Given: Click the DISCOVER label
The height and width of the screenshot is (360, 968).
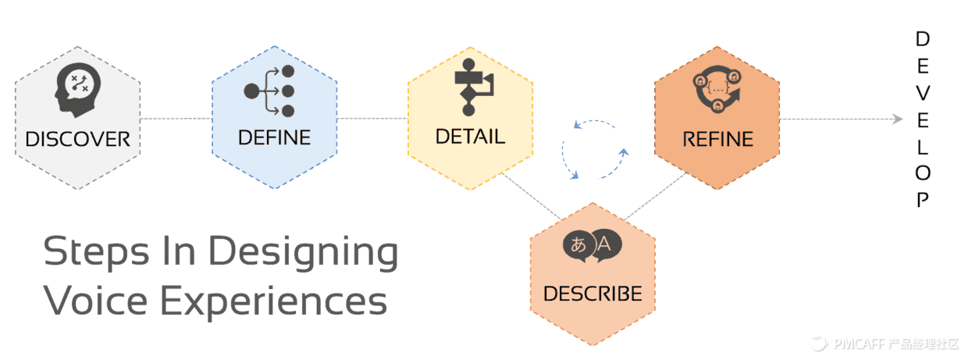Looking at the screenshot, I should coord(77,140).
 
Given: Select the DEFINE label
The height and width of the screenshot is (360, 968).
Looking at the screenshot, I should coord(274,137).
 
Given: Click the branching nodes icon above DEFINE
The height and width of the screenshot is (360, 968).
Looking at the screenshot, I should coord(269,91).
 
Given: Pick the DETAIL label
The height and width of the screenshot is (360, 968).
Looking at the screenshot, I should coord(470,136).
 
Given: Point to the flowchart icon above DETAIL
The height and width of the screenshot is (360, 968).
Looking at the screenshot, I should coord(472,87).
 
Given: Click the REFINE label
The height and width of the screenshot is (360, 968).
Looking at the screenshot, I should coord(717,140).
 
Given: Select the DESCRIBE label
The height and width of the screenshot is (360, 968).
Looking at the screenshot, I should coord(593,294).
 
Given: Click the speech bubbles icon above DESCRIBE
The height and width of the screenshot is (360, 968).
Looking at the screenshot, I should coord(593,245).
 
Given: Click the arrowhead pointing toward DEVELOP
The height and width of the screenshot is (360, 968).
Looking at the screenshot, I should coord(898,119).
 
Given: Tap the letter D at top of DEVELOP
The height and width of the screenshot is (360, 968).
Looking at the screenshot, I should coord(923,39).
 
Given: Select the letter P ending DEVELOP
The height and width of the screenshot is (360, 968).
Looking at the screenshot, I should coord(923,200).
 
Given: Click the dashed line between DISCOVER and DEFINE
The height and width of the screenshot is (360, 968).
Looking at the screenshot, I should coord(176,119).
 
